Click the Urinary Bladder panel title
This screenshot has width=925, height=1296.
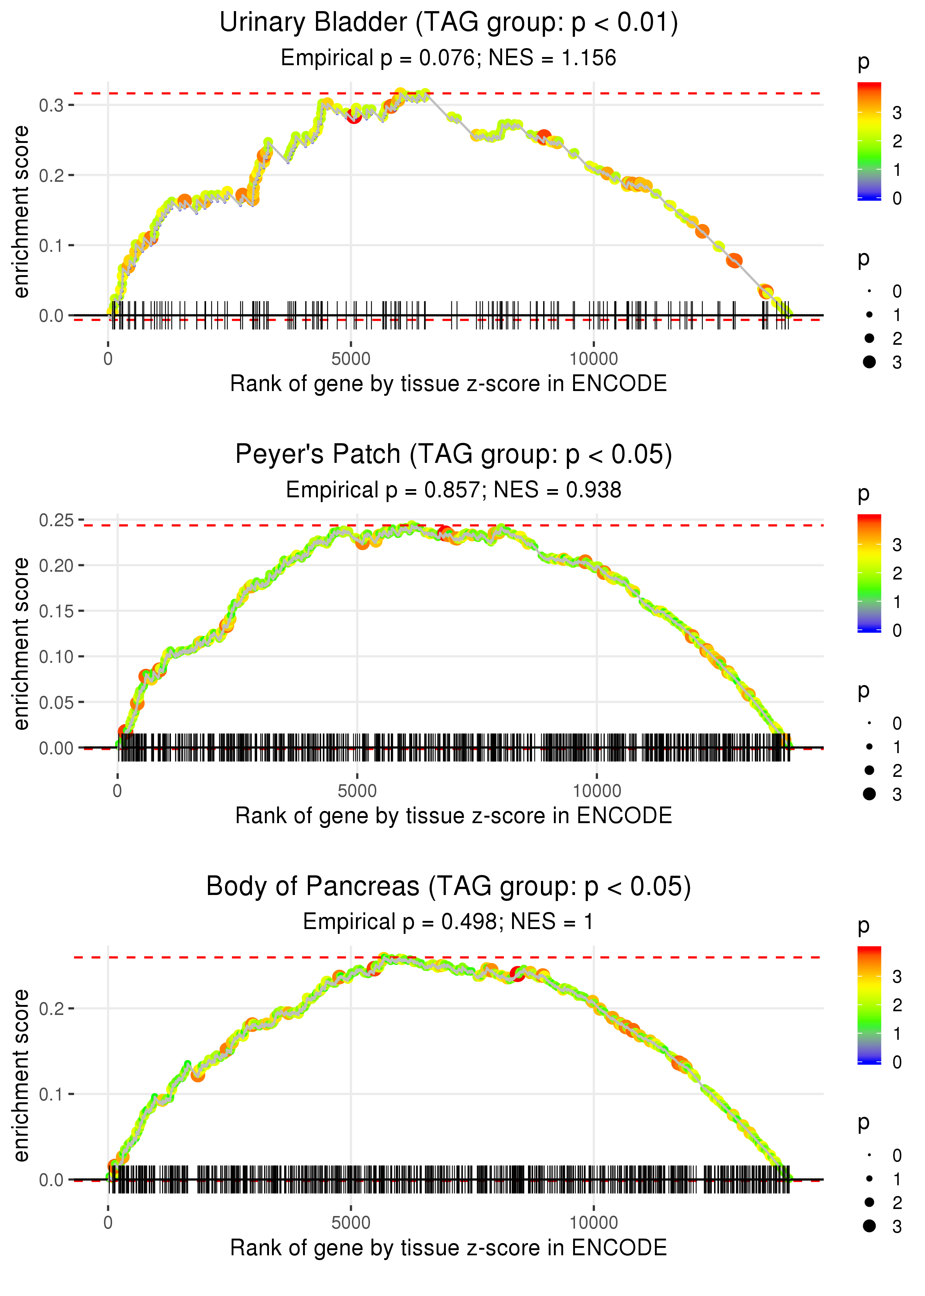448,23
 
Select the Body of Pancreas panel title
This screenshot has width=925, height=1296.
448,887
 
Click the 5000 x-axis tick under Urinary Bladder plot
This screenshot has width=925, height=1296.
351,359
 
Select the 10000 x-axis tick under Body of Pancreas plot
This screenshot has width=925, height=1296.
593,1222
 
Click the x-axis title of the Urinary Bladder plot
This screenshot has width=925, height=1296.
448,384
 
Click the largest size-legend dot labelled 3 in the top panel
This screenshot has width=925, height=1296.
869,362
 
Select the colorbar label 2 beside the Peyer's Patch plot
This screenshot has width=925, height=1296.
897,573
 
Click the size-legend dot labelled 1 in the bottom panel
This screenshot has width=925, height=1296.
869,1179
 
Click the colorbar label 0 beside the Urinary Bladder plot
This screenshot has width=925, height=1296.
897,198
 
